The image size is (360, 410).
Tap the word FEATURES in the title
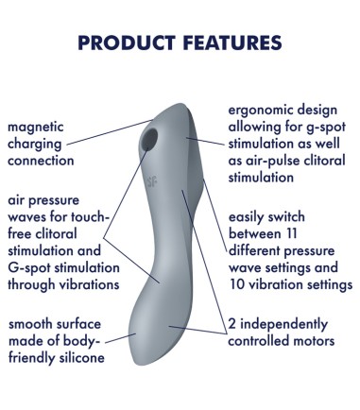pyautogui.click(x=231, y=43)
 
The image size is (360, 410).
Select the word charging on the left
pyautogui.click(x=37, y=144)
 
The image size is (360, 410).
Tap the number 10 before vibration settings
pyautogui.click(x=238, y=283)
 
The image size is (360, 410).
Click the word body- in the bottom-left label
pyautogui.click(x=97, y=341)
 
